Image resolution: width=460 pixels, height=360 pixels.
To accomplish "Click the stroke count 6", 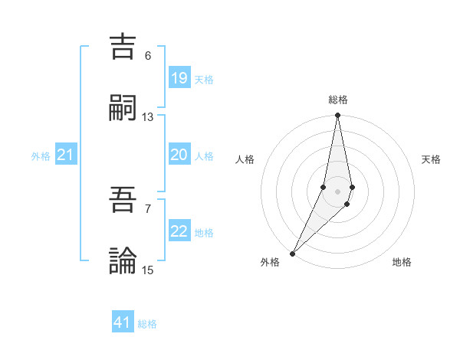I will click(x=148, y=56).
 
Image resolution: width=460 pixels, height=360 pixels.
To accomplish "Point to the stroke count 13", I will click(x=148, y=117).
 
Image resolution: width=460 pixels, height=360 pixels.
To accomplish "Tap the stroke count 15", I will click(x=148, y=270).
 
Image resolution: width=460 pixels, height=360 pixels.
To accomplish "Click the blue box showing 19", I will click(x=179, y=78).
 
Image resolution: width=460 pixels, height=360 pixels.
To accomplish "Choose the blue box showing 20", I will click(x=179, y=155).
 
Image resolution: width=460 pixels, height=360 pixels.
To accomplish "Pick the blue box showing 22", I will click(x=179, y=231).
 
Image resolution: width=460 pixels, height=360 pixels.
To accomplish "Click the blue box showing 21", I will click(x=66, y=155).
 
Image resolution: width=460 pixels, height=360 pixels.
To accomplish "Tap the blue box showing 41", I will click(x=123, y=323).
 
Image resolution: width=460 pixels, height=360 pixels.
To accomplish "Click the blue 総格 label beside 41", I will click(x=147, y=324).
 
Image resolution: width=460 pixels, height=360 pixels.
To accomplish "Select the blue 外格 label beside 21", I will click(x=41, y=156).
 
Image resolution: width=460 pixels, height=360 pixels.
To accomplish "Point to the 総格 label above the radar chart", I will click(x=338, y=100).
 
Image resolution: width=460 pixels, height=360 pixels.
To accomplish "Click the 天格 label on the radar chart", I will click(x=432, y=159).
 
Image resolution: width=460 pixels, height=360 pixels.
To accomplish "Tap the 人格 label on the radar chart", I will click(x=245, y=159).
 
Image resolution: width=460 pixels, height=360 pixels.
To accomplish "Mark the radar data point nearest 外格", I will click(x=292, y=254).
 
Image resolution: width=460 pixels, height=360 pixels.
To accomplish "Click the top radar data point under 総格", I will click(x=337, y=116).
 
